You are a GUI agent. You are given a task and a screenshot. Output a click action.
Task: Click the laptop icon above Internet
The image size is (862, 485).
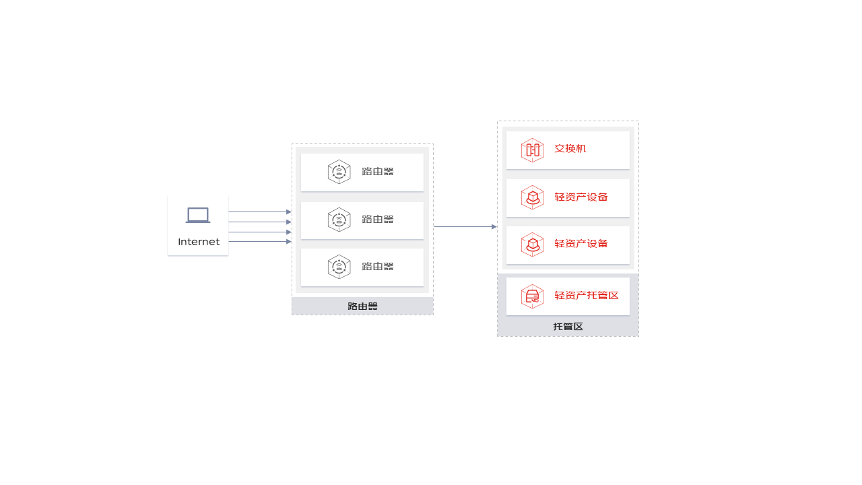click(x=198, y=215)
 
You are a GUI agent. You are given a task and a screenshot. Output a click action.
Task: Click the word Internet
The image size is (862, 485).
click(x=199, y=242)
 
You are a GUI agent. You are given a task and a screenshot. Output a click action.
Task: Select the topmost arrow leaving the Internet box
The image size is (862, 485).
click(x=260, y=212)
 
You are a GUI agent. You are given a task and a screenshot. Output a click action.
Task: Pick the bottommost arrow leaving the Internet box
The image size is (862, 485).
click(x=260, y=241)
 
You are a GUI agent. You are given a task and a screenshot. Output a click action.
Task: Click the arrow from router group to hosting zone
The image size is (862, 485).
click(x=465, y=227)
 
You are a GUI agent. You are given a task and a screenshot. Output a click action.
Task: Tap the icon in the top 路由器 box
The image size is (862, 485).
click(x=339, y=172)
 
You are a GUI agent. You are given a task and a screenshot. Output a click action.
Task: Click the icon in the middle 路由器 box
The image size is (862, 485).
click(x=339, y=220)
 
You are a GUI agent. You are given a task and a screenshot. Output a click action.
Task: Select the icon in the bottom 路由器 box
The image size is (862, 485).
click(x=339, y=266)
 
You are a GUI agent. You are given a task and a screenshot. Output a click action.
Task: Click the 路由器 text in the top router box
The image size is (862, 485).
click(x=378, y=171)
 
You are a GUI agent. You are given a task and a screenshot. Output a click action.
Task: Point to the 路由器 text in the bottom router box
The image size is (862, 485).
click(x=378, y=266)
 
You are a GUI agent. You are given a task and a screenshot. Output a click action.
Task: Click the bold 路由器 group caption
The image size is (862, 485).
click(x=362, y=306)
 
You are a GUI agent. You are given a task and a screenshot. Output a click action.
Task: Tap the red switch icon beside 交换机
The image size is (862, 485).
click(x=532, y=150)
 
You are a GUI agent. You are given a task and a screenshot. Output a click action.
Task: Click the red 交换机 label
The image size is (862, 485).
click(x=570, y=149)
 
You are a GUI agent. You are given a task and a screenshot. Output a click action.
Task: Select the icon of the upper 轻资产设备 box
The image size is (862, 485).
click(x=532, y=197)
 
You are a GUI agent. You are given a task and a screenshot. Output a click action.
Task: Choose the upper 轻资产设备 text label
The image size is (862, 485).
click(x=581, y=197)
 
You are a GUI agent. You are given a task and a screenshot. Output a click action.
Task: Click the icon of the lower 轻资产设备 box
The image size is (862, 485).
click(x=532, y=245)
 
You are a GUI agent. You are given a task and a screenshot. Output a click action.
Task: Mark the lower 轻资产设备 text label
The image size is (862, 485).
click(x=581, y=244)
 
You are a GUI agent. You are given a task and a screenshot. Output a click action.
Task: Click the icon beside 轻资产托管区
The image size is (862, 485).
click(x=532, y=296)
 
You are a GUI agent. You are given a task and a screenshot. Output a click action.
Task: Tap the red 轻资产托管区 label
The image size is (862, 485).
click(x=586, y=295)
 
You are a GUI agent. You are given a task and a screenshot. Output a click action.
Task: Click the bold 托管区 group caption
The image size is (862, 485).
click(x=568, y=327)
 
